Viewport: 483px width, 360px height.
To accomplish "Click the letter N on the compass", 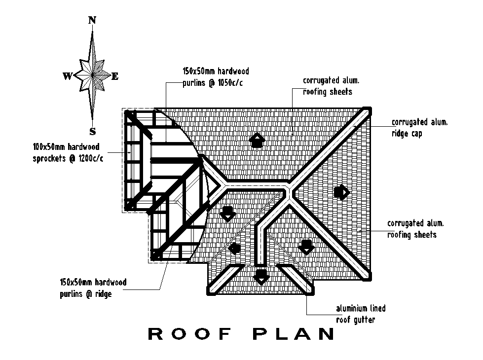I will pyautogui.click(x=92, y=20).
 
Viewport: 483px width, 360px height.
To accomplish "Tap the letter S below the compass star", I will pyautogui.click(x=92, y=131).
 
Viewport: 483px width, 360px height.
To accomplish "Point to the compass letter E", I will pyautogui.click(x=115, y=76).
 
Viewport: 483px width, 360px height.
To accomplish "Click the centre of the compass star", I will pyautogui.click(x=92, y=75).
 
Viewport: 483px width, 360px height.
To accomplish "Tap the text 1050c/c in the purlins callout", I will pyautogui.click(x=230, y=83).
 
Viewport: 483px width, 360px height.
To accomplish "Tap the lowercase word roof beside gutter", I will pyautogui.click(x=344, y=320).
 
